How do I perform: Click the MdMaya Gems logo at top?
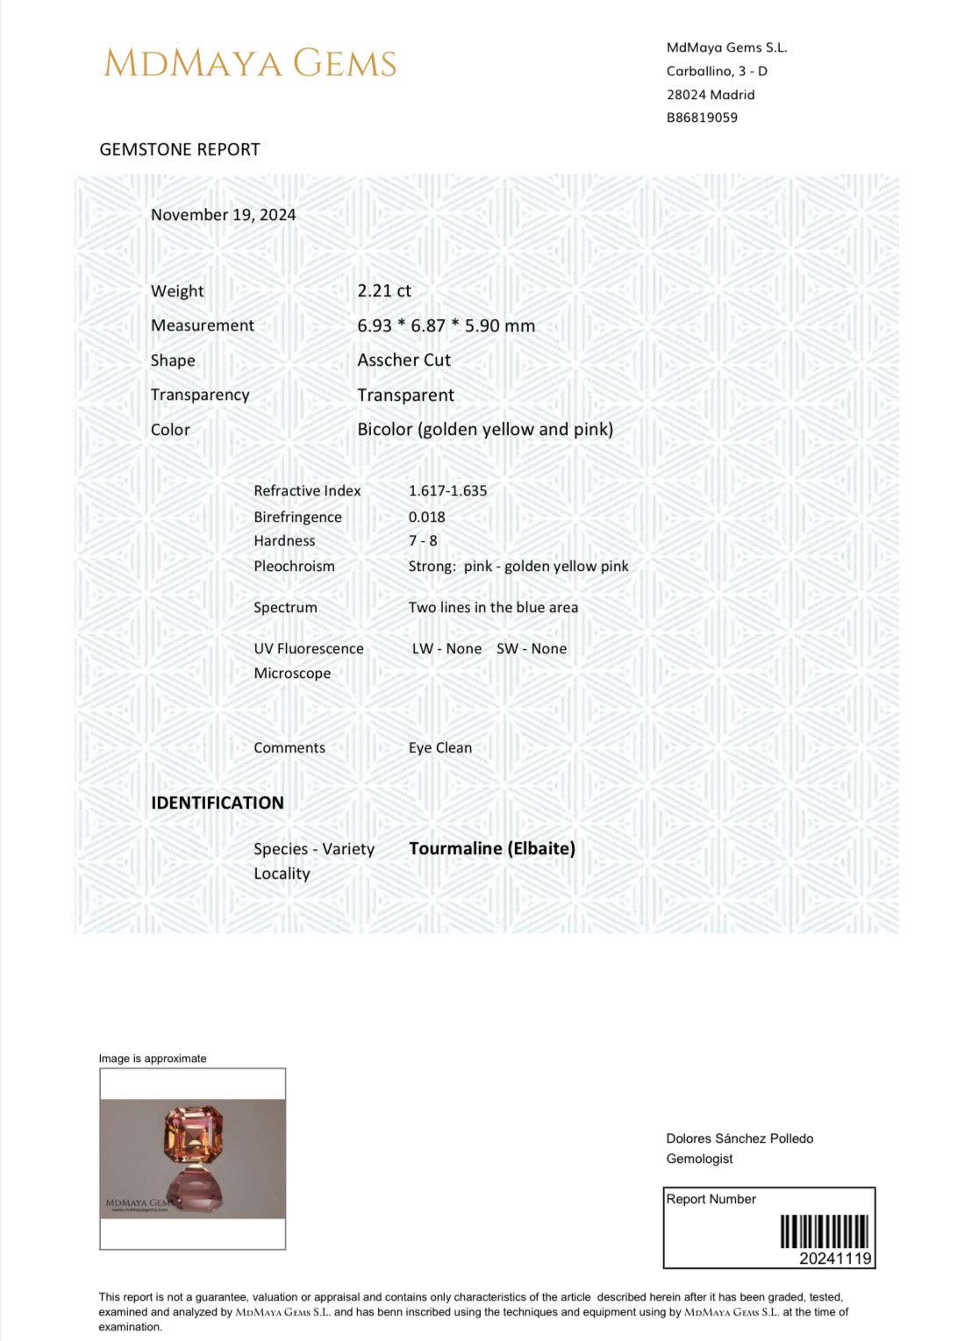[250, 63]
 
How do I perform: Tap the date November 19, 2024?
[223, 215]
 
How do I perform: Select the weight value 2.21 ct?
[384, 291]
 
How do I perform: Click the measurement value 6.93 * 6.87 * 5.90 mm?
[446, 325]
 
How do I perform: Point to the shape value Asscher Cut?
[404, 360]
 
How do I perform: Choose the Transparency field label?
[200, 395]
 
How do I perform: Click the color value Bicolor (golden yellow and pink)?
[485, 429]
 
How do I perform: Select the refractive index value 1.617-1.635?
[447, 491]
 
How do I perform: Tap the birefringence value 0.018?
[426, 517]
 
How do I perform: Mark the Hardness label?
[284, 541]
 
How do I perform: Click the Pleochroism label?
[294, 567]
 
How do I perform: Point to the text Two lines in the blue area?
[493, 607]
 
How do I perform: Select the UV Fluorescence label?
[309, 649]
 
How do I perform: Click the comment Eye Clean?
[440, 748]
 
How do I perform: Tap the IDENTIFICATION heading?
[218, 802]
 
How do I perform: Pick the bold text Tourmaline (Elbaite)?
[492, 848]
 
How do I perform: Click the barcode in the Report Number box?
[825, 1231]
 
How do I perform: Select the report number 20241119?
[835, 1259]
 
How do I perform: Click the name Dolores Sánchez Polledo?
[740, 1138]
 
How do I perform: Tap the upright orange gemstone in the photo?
[194, 1135]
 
